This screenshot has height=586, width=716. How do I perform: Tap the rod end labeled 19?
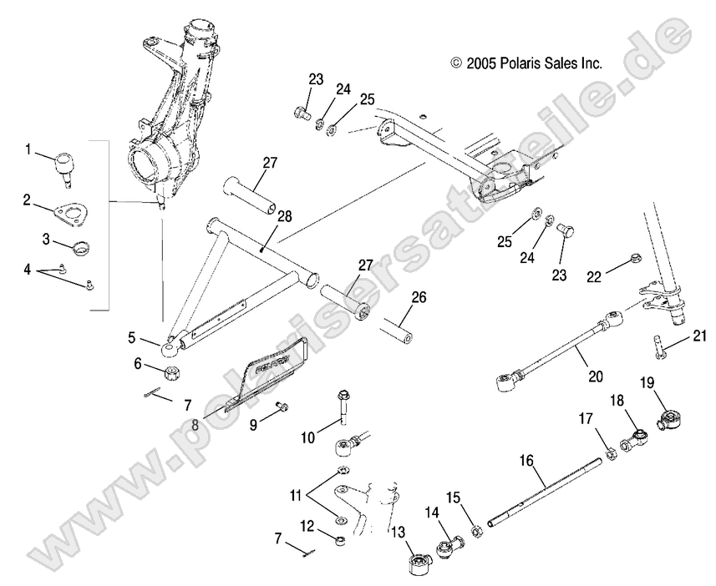pyautogui.click(x=671, y=417)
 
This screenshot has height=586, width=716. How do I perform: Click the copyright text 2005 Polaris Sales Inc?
pyautogui.click(x=526, y=63)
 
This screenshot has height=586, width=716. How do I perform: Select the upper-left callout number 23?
pyautogui.click(x=316, y=80)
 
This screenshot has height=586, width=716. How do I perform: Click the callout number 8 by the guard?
pyautogui.click(x=194, y=423)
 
